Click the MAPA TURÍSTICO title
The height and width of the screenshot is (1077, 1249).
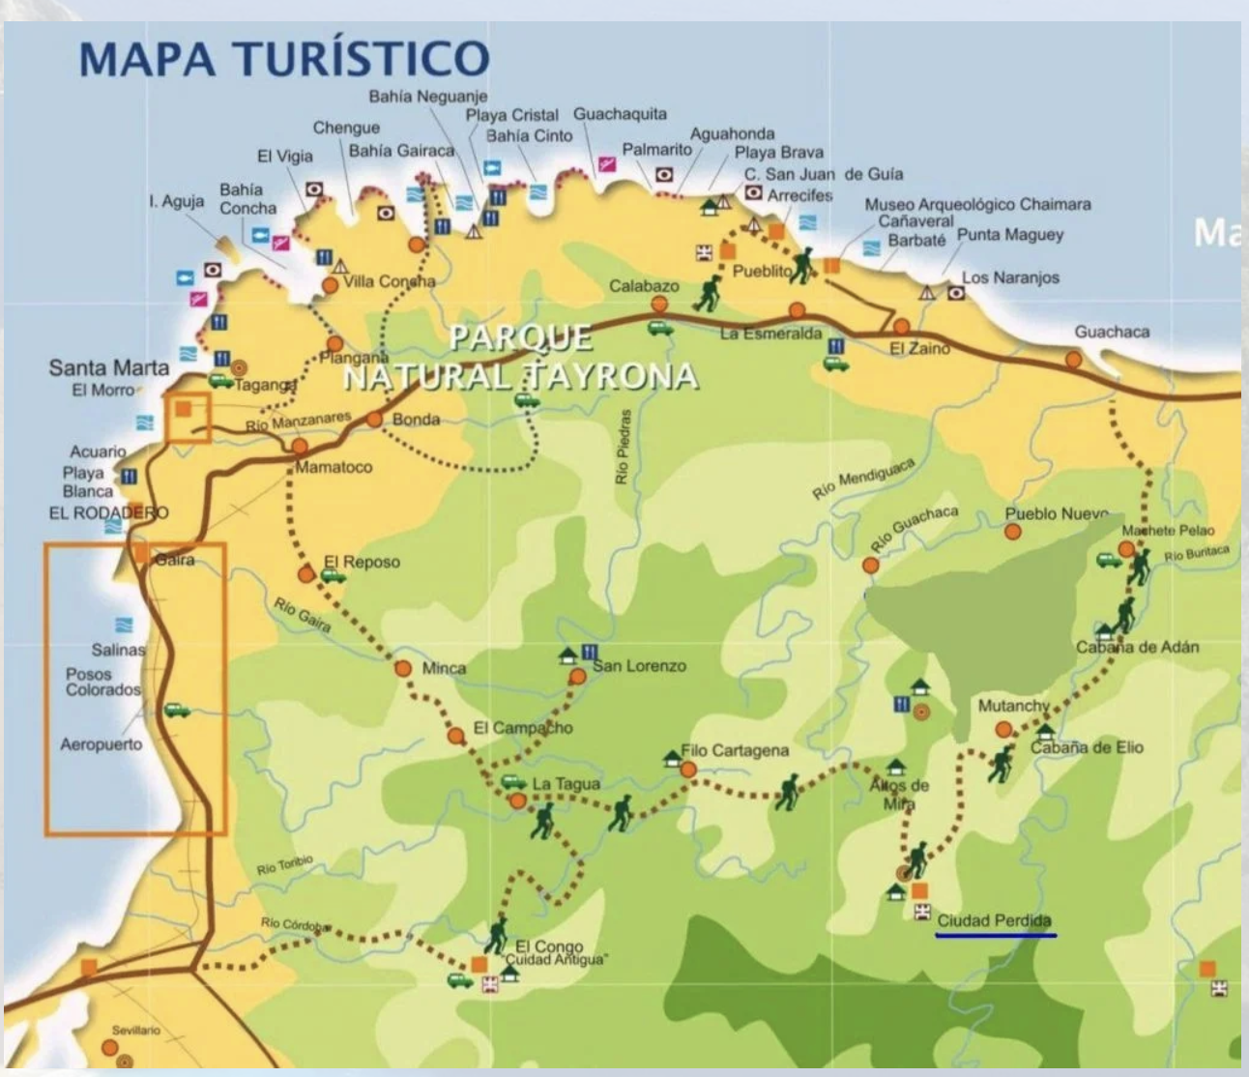click(x=283, y=58)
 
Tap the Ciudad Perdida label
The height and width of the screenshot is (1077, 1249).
click(x=994, y=920)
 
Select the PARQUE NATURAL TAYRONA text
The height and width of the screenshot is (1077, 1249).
click(x=520, y=357)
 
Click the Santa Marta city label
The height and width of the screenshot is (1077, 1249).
click(x=108, y=368)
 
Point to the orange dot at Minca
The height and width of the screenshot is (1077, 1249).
click(x=404, y=668)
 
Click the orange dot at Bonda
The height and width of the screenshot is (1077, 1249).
click(x=375, y=420)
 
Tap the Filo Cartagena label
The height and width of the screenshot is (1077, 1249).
click(x=735, y=750)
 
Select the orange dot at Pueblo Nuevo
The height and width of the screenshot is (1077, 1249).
click(x=1013, y=532)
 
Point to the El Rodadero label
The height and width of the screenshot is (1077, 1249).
click(x=108, y=513)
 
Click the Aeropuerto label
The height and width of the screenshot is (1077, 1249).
click(x=102, y=744)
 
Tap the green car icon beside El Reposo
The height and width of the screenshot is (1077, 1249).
click(x=334, y=576)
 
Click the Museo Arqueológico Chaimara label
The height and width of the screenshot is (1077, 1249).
click(x=977, y=205)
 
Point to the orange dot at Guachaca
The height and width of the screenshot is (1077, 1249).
click(x=1073, y=360)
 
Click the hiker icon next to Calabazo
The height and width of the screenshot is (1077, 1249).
click(x=709, y=293)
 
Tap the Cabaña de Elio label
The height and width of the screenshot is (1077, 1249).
click(x=1087, y=747)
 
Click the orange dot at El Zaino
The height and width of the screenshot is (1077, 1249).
click(x=902, y=327)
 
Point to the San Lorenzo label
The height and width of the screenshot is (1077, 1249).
click(x=640, y=666)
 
